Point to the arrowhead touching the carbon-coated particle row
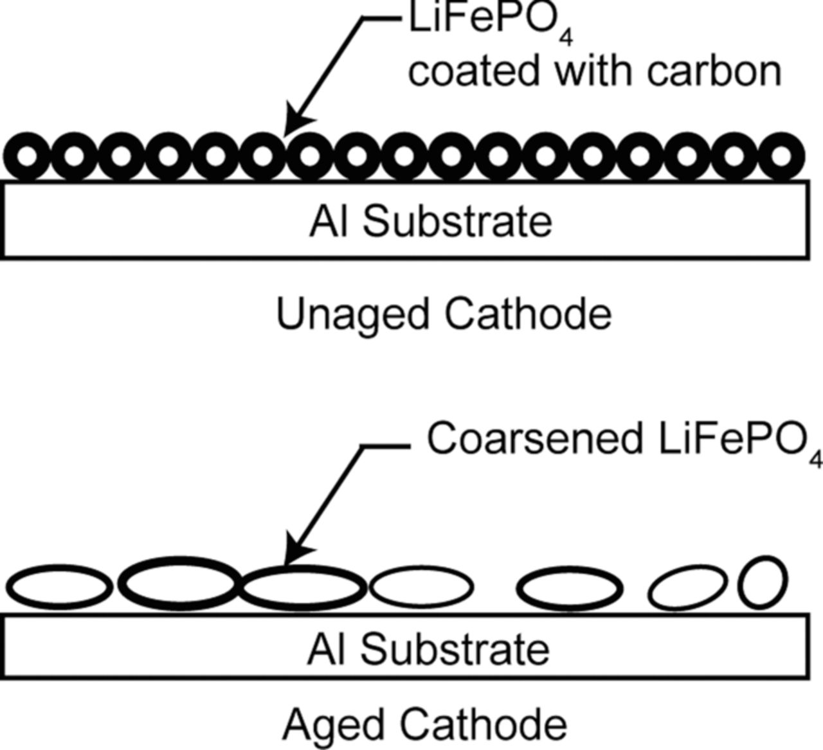pyautogui.click(x=293, y=125)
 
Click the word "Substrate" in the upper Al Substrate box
pyautogui.click(x=457, y=220)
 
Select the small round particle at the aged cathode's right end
pyautogui.click(x=763, y=582)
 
